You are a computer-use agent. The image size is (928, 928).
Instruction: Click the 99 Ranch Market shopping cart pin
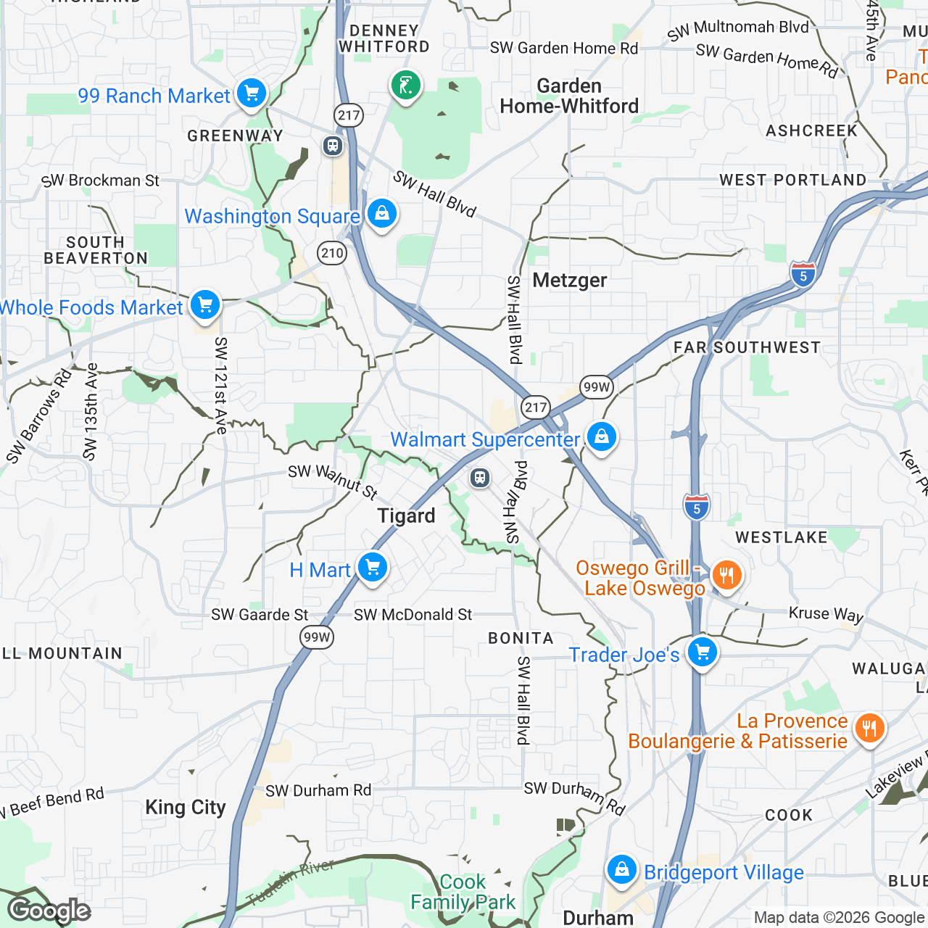(252, 94)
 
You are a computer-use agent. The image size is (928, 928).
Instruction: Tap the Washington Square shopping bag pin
(381, 214)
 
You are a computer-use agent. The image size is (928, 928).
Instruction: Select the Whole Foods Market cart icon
(205, 305)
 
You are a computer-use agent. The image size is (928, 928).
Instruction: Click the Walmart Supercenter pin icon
(601, 437)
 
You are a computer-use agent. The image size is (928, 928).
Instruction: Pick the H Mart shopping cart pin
(373, 568)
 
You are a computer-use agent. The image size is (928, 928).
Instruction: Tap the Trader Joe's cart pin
(702, 652)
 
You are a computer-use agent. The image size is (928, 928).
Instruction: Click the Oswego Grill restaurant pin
(726, 576)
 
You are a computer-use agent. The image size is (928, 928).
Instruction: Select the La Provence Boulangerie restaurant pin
(869, 728)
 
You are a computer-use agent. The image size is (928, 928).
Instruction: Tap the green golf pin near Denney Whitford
(406, 86)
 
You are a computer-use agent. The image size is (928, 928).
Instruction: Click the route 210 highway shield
(332, 253)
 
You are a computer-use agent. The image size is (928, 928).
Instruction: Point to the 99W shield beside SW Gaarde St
(317, 637)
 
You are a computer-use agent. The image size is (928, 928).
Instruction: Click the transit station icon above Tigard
(479, 478)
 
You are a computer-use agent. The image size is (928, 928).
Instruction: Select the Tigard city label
(406, 516)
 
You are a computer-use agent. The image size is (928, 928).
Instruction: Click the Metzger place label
(570, 281)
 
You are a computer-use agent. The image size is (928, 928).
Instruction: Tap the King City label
(185, 808)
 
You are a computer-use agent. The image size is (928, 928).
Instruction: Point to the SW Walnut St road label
(333, 482)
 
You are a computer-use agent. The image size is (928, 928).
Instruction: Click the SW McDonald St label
(413, 615)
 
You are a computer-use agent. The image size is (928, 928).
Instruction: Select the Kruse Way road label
(826, 614)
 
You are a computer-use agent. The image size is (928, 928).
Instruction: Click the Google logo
(49, 911)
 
